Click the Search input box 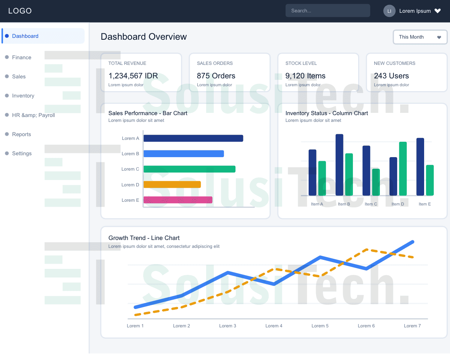[327, 10]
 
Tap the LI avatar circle [389, 11]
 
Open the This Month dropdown [420, 37]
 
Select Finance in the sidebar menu [21, 57]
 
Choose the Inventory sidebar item [23, 96]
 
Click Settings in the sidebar [22, 153]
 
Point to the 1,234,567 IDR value [133, 76]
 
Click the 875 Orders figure [216, 76]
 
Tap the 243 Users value [391, 76]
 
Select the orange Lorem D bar [172, 184]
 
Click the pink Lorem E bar [178, 200]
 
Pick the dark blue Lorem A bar [193, 138]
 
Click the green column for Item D [403, 169]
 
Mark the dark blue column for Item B [339, 165]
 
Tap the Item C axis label [371, 204]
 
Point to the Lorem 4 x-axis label [274, 326]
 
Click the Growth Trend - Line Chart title [144, 238]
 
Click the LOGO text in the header [20, 11]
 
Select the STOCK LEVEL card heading [301, 63]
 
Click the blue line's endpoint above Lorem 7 [412, 242]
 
